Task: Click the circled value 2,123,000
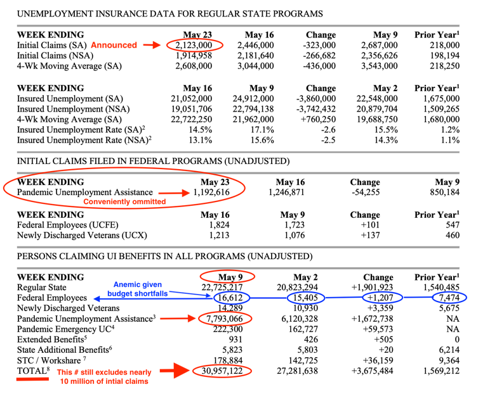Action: click(x=194, y=46)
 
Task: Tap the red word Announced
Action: click(x=114, y=45)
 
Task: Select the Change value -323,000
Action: click(x=319, y=46)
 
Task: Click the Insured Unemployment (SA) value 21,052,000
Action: click(x=192, y=99)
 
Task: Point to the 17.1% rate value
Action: click(x=262, y=130)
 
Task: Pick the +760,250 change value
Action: click(x=318, y=119)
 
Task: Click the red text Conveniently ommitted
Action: click(x=124, y=201)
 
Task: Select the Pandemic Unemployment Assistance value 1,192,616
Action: click(x=211, y=193)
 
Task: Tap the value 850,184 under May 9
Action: click(x=444, y=193)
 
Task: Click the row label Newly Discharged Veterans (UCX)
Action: click(x=82, y=236)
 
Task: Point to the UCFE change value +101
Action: click(x=370, y=225)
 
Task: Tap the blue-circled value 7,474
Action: click(x=449, y=298)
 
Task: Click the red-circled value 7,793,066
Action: click(x=225, y=319)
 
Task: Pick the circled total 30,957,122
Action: click(x=222, y=371)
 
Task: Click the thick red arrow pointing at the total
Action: click(x=175, y=371)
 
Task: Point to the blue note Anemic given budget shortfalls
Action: click(x=138, y=289)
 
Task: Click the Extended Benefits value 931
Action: click(x=236, y=340)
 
